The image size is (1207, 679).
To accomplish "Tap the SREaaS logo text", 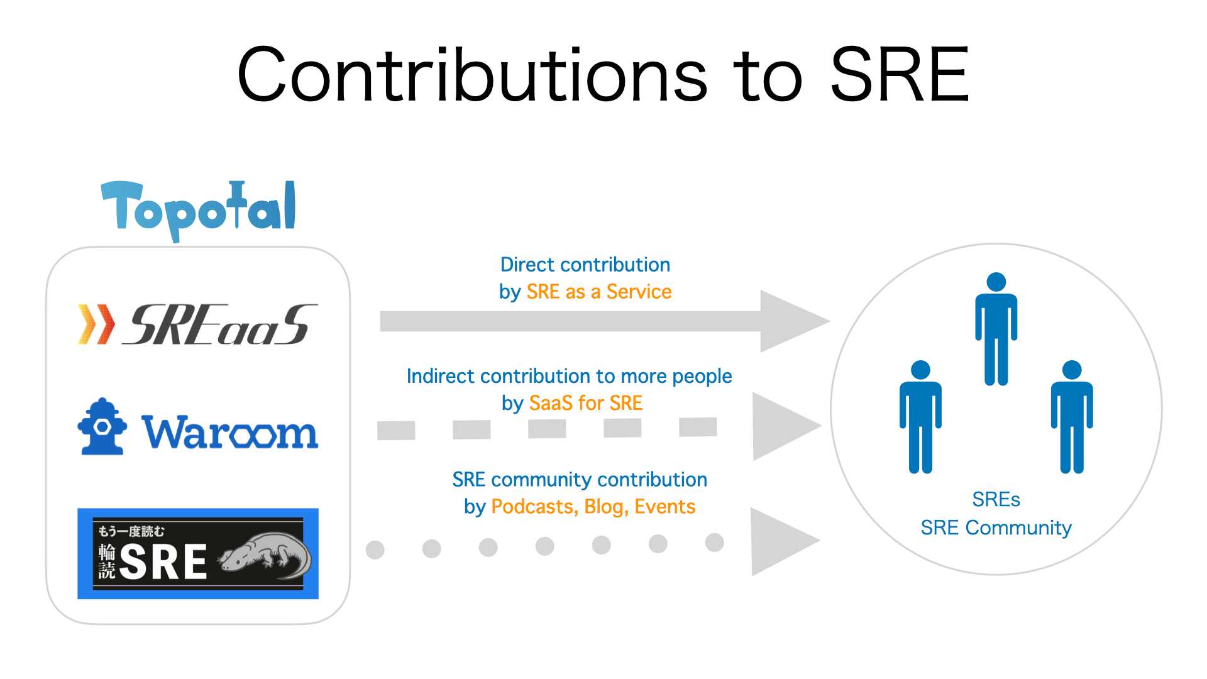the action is pyautogui.click(x=220, y=324).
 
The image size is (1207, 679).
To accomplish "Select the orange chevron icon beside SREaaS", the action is pyautogui.click(x=96, y=324).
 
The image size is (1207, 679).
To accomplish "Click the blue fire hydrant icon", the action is pyautogui.click(x=102, y=426).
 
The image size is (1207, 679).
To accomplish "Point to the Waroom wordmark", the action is pyautogui.click(x=230, y=432).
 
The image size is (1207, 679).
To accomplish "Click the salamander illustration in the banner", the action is pyautogui.click(x=265, y=556).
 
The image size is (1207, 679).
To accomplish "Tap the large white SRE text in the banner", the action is pyautogui.click(x=163, y=562).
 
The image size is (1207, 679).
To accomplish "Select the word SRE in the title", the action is pyautogui.click(x=900, y=75).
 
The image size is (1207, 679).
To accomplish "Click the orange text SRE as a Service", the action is pyautogui.click(x=599, y=292).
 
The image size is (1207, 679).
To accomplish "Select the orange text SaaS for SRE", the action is pyautogui.click(x=586, y=403).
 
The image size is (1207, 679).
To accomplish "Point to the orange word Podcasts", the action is pyautogui.click(x=534, y=507).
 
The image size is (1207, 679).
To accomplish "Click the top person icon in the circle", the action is pyautogui.click(x=996, y=329).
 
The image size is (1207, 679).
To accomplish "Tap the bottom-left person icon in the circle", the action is pyautogui.click(x=920, y=417).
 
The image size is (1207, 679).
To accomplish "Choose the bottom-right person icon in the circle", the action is pyautogui.click(x=1072, y=417).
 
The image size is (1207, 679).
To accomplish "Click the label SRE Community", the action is pyautogui.click(x=996, y=528).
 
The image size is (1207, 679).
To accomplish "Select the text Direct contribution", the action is pyautogui.click(x=585, y=265).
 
